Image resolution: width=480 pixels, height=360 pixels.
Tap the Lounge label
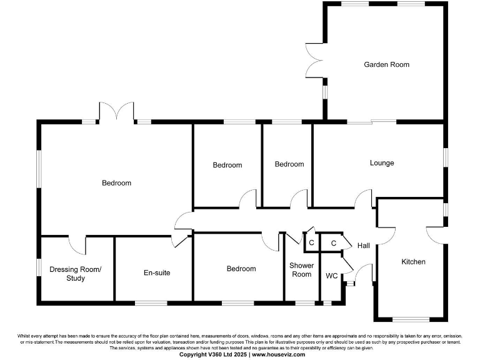pyautogui.click(x=382, y=163)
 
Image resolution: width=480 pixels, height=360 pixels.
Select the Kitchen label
pyautogui.click(x=413, y=262)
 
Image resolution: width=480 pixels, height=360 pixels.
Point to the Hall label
pyautogui.click(x=364, y=246)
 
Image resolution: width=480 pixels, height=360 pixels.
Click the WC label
pyautogui.click(x=332, y=276)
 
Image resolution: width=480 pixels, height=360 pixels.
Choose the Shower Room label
pyautogui.click(x=301, y=270)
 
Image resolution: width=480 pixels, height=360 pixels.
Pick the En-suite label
pyautogui.click(x=157, y=273)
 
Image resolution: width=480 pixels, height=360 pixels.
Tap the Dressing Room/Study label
pyautogui.click(x=76, y=274)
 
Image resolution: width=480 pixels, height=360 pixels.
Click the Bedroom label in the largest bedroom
pyautogui.click(x=117, y=183)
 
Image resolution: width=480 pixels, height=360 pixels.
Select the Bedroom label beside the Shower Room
pyautogui.click(x=241, y=269)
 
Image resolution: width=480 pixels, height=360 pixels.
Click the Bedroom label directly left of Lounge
pyautogui.click(x=289, y=164)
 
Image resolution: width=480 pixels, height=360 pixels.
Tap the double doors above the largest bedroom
pyautogui.click(x=116, y=112)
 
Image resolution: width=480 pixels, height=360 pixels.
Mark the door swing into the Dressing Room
pyautogui.click(x=77, y=245)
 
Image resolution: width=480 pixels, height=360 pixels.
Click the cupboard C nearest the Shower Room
pyautogui.click(x=311, y=242)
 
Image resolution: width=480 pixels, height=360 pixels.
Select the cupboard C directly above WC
pyautogui.click(x=333, y=243)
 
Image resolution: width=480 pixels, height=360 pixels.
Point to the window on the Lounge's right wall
pyautogui.click(x=445, y=157)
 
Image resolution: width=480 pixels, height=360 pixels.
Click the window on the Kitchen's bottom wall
pyautogui.click(x=410, y=319)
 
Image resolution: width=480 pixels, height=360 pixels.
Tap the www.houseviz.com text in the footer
pyautogui.click(x=279, y=354)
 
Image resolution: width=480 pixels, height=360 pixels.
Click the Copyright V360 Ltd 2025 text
pyautogui.click(x=214, y=354)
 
